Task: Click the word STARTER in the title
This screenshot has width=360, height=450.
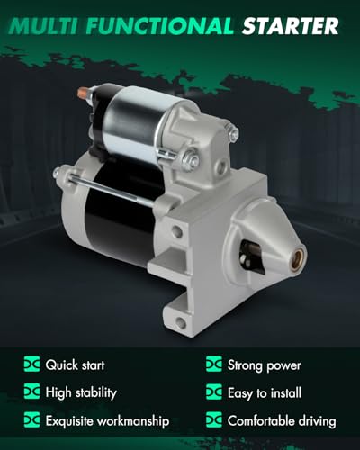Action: tap(290, 26)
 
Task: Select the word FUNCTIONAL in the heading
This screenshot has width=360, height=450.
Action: tap(159, 26)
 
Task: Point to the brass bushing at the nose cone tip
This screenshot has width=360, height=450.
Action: tap(298, 259)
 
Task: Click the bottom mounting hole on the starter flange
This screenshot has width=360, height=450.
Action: tap(181, 323)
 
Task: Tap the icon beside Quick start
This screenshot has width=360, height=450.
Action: tap(31, 364)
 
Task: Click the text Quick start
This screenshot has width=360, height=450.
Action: tap(75, 365)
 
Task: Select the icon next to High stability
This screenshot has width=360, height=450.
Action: tap(31, 391)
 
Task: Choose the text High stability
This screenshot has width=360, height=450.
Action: tap(81, 392)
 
